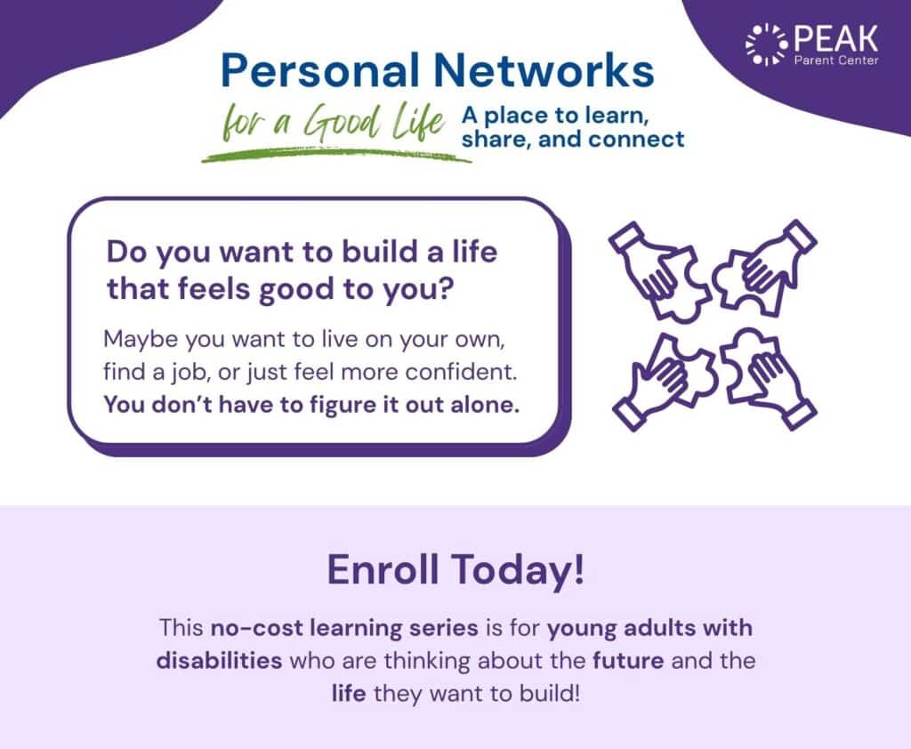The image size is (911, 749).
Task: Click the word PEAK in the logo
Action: (836, 38)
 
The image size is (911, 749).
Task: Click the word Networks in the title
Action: (544, 70)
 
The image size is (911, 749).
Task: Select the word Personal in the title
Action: (320, 70)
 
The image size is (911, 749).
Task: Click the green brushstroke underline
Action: (337, 155)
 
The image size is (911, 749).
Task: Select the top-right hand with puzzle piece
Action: (765, 264)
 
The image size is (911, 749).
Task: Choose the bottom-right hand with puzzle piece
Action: (767, 378)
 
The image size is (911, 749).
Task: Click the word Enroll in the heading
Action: (383, 569)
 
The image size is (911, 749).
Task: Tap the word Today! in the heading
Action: (519, 570)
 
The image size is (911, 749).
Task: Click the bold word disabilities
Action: (219, 661)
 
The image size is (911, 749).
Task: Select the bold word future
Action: (628, 661)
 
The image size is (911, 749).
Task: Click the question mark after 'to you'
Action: (445, 289)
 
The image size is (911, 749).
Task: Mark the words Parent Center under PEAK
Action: (836, 60)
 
